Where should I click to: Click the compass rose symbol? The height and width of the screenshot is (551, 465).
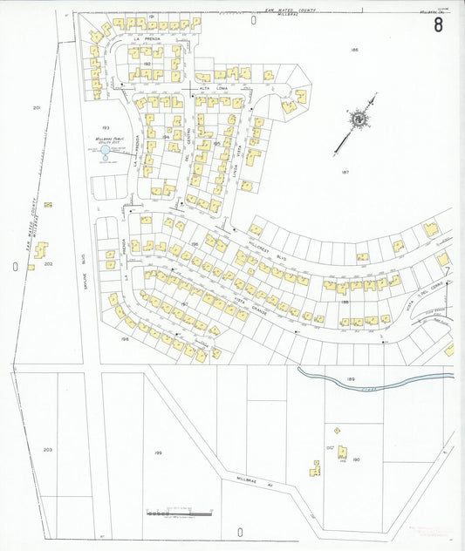pos(359,119)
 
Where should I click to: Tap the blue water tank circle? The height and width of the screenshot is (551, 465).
pos(105,152)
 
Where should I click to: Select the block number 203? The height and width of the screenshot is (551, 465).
pos(48,450)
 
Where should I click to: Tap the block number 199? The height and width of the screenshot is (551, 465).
pos(158,454)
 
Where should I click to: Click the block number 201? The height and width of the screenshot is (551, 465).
pos(37,107)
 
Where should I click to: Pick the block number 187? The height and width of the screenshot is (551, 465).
pos(345,173)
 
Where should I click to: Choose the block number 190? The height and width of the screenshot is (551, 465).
pos(356,459)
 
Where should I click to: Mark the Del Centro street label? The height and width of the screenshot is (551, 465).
pos(187,158)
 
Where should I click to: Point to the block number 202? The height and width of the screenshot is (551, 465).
pos(49,262)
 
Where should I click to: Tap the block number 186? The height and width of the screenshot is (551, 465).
pos(354,50)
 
